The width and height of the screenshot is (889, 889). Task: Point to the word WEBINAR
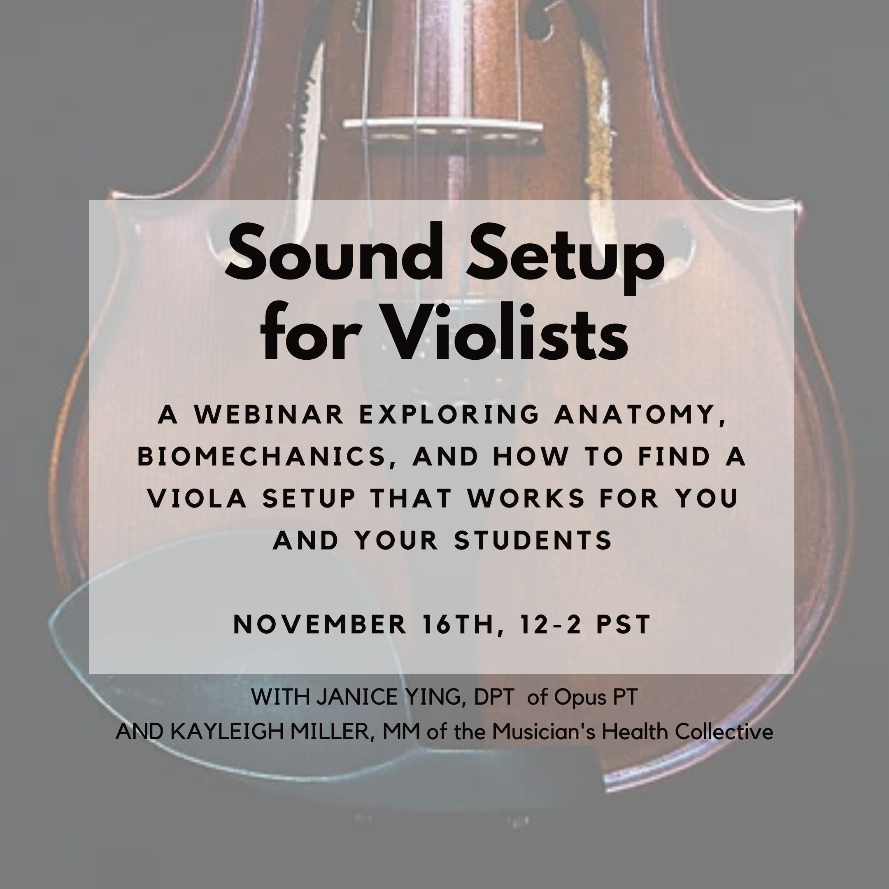[x=269, y=414]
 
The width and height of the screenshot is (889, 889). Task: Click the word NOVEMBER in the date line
[x=320, y=624]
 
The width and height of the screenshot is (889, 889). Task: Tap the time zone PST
[x=624, y=624]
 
